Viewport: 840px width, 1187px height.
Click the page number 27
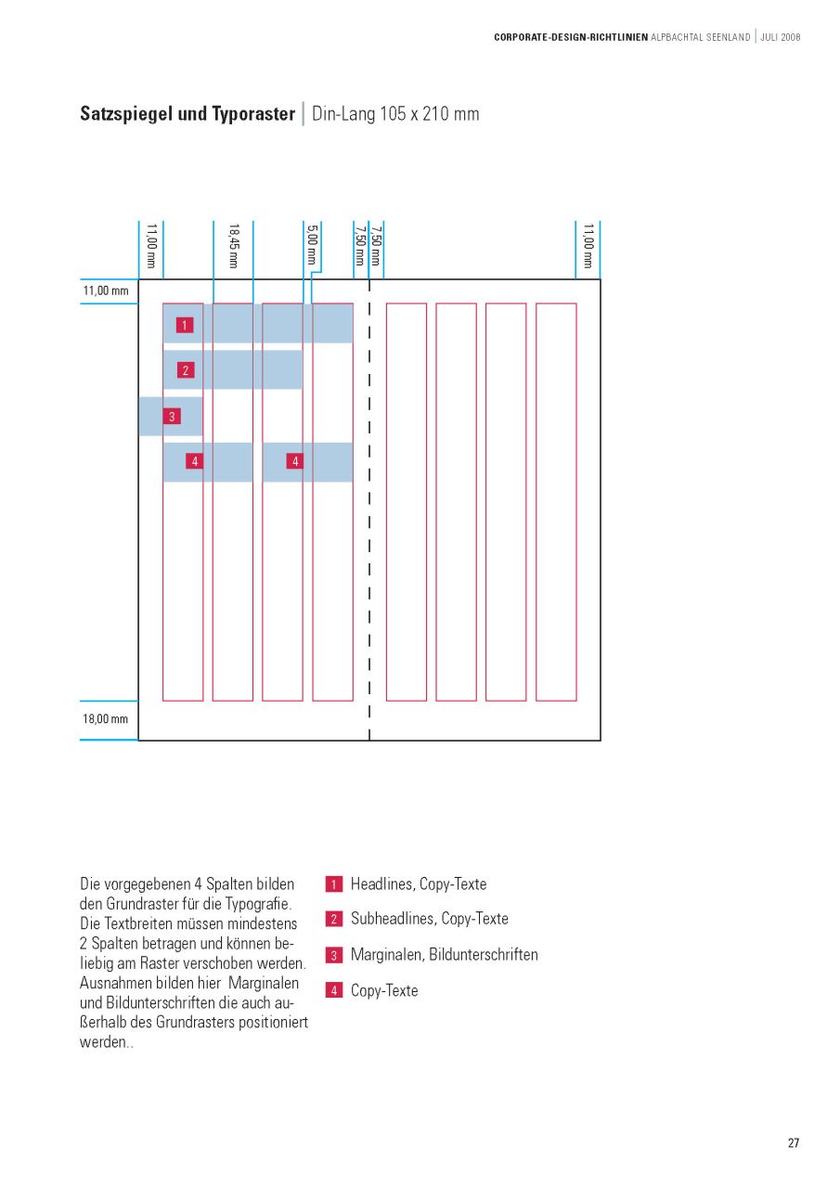(794, 1142)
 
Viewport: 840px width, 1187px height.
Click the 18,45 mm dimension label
(234, 246)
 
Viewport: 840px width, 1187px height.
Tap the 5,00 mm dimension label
(312, 246)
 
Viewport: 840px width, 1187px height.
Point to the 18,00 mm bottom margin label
(106, 719)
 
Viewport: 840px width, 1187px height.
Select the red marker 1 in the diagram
(186, 325)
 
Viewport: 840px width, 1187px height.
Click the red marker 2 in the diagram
(186, 370)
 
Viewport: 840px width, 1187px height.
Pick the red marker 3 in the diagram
(172, 417)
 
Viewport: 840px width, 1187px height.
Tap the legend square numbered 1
(334, 884)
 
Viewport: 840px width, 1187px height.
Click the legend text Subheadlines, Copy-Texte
(430, 919)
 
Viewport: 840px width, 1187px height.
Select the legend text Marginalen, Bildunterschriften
(444, 954)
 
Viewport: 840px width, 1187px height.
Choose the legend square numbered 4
(334, 990)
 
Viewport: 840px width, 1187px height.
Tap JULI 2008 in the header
(780, 37)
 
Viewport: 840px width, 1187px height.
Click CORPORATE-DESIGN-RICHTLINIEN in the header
(571, 37)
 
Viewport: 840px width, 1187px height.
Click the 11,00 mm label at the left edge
(106, 291)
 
